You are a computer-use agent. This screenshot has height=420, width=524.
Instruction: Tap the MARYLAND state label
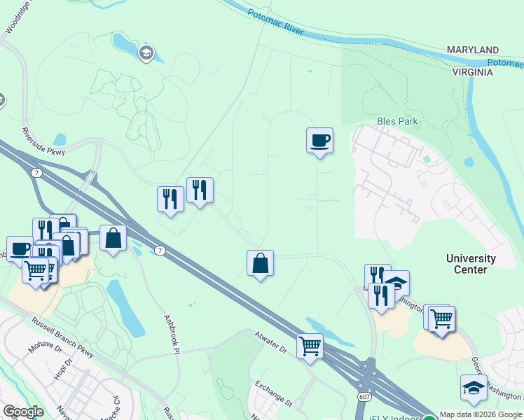[474, 50]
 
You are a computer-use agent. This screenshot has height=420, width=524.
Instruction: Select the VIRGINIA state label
[474, 72]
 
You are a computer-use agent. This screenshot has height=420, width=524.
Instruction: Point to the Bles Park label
[397, 121]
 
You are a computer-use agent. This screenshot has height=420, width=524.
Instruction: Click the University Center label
[471, 264]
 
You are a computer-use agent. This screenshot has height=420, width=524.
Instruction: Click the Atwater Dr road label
[270, 340]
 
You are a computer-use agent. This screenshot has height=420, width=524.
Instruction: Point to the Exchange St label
[273, 394]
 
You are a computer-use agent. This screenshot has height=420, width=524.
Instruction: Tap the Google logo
[23, 412]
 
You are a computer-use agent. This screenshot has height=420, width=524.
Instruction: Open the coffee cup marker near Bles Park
[319, 141]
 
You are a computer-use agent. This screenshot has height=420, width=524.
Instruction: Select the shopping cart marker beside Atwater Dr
[310, 345]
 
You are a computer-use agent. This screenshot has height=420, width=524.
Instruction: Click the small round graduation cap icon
[146, 54]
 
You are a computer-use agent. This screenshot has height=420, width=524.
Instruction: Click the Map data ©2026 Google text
[481, 414]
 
